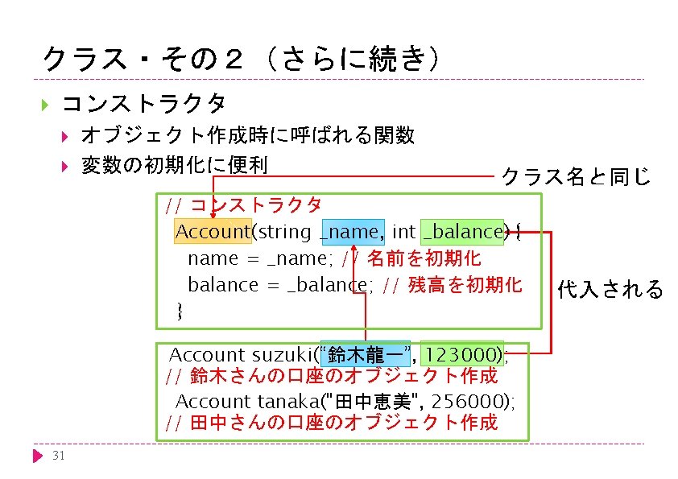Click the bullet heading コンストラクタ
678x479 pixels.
click(143, 104)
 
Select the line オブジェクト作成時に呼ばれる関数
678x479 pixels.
click(248, 135)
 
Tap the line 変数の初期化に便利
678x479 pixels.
click(174, 165)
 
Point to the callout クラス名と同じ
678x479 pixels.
click(576, 176)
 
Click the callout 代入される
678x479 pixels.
click(610, 289)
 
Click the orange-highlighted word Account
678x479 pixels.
click(213, 232)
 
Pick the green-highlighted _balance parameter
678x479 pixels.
click(462, 232)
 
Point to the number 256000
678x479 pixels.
click(473, 401)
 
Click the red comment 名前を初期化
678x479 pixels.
click(424, 258)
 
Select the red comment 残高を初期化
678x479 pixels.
click(465, 285)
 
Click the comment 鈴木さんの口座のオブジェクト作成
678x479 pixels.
click(343, 375)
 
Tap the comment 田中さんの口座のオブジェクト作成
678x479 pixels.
click(343, 422)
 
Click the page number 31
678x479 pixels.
click(57, 456)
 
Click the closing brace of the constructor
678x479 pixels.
click(180, 311)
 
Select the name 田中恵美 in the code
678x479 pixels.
click(381, 401)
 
